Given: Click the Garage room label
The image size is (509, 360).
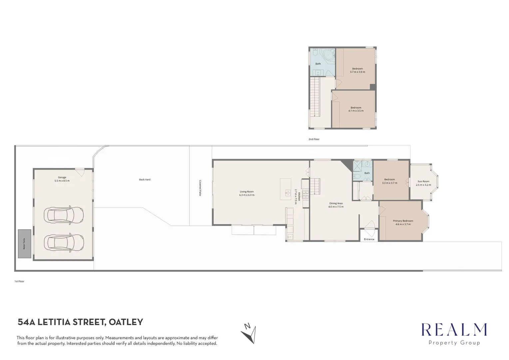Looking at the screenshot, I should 62,178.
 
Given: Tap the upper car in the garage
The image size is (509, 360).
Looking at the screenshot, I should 64,215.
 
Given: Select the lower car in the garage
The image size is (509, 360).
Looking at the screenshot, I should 64,242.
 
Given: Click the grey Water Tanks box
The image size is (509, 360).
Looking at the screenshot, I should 25,244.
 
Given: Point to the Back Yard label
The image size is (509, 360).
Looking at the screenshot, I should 145,180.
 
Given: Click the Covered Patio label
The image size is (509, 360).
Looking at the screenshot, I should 200,188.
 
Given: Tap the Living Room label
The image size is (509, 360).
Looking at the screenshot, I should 247,192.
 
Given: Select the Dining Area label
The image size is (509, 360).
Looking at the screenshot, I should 336,203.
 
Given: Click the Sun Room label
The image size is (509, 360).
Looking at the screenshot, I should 423,182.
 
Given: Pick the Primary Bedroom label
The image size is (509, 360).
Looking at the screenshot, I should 403,221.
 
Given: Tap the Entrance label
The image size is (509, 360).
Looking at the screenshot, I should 369,239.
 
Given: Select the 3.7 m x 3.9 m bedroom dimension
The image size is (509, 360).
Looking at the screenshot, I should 357,72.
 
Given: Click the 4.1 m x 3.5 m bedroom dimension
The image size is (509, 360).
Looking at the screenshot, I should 356,111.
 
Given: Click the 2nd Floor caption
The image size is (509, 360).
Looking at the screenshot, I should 314,139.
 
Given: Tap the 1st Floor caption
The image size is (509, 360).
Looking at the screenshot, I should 19,281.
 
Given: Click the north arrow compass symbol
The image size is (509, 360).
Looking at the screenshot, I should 249,333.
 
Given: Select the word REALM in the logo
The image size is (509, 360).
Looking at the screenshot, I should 454,330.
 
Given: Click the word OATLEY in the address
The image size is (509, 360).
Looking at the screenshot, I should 126,322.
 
